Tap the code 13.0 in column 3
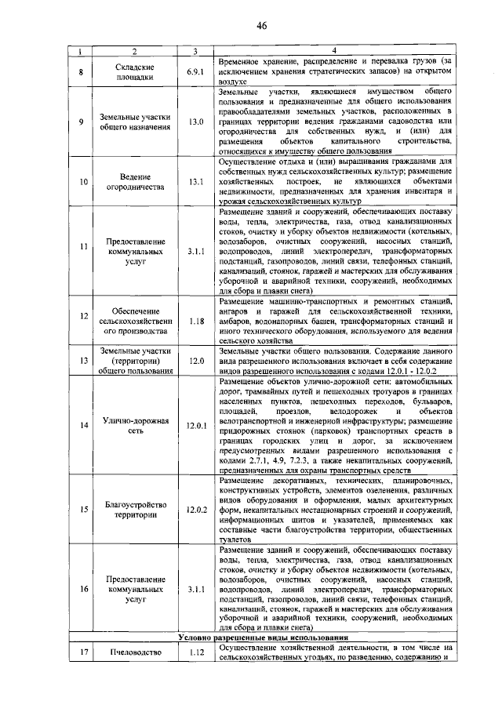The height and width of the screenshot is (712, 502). (196, 122)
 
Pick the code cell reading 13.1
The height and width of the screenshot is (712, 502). (196, 188)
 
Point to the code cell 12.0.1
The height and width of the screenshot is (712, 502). (196, 426)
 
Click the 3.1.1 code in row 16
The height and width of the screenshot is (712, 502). (196, 587)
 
